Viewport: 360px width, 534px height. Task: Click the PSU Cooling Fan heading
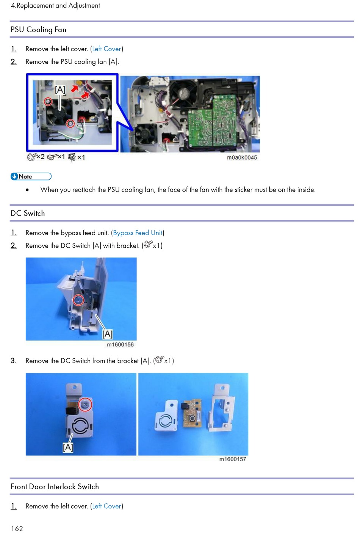pyautogui.click(x=39, y=30)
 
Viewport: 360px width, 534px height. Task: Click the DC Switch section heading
pyautogui.click(x=28, y=213)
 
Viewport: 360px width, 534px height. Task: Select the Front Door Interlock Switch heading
pyautogui.click(x=55, y=487)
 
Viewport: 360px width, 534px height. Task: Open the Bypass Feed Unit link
pyautogui.click(x=138, y=233)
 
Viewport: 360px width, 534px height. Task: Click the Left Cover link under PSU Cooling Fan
pyautogui.click(x=106, y=49)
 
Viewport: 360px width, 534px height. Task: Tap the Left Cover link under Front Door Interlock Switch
pyautogui.click(x=106, y=506)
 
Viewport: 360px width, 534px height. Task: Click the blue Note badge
pyautogui.click(x=31, y=176)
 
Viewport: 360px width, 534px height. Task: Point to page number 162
pyautogui.click(x=17, y=528)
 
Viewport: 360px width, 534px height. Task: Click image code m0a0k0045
pyautogui.click(x=242, y=158)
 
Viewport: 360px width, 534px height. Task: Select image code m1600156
pyautogui.click(x=120, y=345)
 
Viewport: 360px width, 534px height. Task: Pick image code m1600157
pyautogui.click(x=232, y=459)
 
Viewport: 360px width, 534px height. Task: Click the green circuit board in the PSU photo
pyautogui.click(x=212, y=121)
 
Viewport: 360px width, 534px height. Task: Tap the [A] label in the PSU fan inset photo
pyautogui.click(x=60, y=90)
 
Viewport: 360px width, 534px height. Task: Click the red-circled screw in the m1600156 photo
pyautogui.click(x=78, y=300)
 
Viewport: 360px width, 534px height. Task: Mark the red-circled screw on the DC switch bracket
pyautogui.click(x=85, y=404)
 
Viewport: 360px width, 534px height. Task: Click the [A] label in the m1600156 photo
pyautogui.click(x=107, y=334)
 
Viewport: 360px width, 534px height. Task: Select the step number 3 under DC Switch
pyautogui.click(x=14, y=361)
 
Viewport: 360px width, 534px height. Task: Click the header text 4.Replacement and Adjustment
pyautogui.click(x=55, y=6)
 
